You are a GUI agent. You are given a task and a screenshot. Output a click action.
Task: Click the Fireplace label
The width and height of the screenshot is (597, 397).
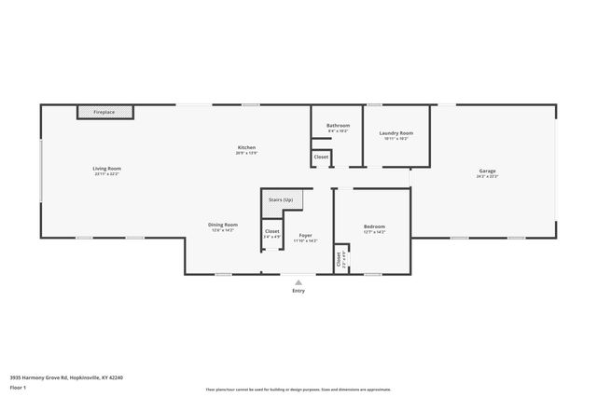[x=104, y=112]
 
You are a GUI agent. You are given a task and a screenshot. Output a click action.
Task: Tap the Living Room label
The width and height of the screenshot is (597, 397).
[x=106, y=169]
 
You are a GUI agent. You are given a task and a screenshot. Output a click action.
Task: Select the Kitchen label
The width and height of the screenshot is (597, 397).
[x=246, y=147]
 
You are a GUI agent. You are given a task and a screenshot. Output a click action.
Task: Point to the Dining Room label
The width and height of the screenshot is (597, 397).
[x=223, y=225]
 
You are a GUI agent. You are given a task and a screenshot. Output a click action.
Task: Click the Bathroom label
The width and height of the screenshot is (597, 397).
[x=338, y=126]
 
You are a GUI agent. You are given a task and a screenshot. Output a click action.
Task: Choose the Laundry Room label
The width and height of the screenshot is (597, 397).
[x=396, y=133]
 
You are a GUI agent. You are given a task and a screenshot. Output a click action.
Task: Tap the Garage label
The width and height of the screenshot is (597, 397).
[x=487, y=171]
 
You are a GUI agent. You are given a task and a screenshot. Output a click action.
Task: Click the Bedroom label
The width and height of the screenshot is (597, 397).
[x=374, y=226]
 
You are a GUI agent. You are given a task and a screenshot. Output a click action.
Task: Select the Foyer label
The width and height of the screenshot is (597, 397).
[x=305, y=236]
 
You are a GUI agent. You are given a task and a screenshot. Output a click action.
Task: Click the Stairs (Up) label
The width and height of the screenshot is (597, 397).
[x=281, y=200]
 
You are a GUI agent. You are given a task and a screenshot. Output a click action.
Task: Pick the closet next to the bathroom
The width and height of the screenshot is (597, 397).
[x=321, y=157]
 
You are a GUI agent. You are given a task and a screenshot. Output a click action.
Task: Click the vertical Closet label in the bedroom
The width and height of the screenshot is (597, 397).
[x=339, y=260]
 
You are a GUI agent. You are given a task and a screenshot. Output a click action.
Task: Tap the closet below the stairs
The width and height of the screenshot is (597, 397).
[x=272, y=231]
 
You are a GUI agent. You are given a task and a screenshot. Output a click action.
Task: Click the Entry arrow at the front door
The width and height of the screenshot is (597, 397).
[x=298, y=281]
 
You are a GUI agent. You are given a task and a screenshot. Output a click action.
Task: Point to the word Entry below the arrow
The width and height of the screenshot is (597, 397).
[x=298, y=291]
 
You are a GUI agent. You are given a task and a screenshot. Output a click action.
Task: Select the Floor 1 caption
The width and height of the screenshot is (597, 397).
[x=18, y=385]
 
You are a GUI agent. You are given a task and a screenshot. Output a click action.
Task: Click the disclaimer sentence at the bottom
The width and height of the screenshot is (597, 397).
[x=298, y=390]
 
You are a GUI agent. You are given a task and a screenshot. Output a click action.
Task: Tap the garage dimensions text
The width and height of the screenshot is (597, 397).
[x=487, y=176]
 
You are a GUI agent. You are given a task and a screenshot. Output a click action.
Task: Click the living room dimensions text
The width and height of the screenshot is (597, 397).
[x=106, y=174]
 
